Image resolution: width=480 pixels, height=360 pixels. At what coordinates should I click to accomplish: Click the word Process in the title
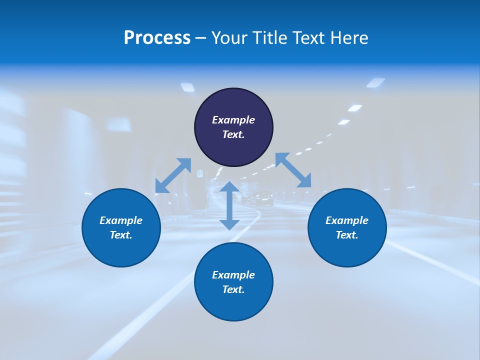click(157, 38)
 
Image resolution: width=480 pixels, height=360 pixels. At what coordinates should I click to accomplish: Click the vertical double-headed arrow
click(229, 205)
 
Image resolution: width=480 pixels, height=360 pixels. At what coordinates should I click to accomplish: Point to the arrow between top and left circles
click(173, 175)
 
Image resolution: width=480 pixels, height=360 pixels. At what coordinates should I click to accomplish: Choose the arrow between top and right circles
click(293, 170)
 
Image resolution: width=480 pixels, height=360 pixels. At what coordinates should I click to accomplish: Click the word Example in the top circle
click(233, 120)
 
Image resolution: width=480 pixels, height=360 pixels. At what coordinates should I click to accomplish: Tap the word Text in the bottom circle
click(233, 289)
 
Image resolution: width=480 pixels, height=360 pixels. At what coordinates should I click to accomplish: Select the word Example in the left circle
click(121, 220)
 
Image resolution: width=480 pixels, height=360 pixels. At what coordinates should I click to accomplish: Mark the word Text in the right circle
click(347, 235)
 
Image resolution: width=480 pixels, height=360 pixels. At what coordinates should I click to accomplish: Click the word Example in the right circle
click(347, 220)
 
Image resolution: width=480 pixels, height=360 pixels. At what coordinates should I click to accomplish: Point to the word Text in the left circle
click(121, 235)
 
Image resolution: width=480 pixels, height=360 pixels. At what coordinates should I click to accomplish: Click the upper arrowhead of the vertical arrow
click(229, 186)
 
